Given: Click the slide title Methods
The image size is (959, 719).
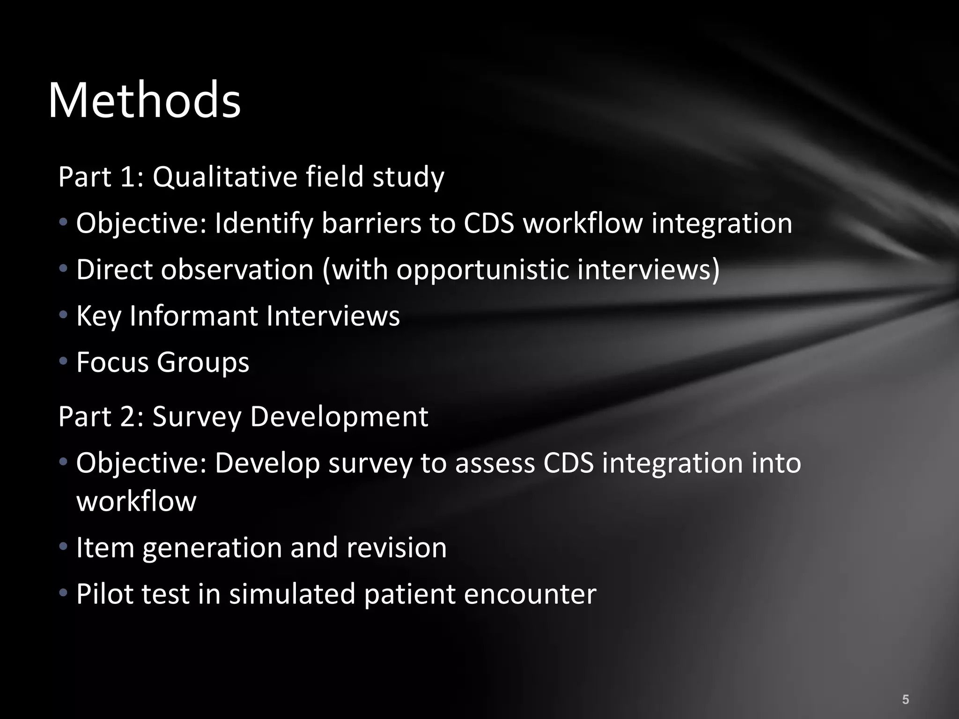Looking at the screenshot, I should point(144,100).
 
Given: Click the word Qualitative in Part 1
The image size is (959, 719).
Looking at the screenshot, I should point(225,177).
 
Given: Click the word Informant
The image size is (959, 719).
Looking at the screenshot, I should point(193,316).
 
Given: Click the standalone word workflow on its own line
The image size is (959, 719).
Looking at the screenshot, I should point(136,501).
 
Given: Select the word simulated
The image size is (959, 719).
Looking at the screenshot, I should point(292,594).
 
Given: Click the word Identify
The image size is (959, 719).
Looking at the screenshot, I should point(264,224).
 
